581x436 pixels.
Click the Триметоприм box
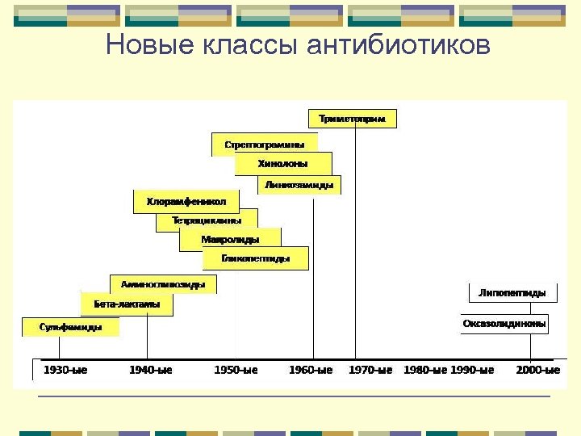pyautogui.click(x=353, y=119)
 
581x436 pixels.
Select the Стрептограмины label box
pyautogui.click(x=265, y=145)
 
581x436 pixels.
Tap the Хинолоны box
pyautogui.click(x=282, y=164)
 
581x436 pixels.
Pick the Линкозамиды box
pyautogui.click(x=299, y=185)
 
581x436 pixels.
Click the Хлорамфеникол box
pyautogui.click(x=186, y=201)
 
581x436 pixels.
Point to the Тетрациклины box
pyautogui.click(x=207, y=220)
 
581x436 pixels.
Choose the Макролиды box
pyautogui.click(x=230, y=239)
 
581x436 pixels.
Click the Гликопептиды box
pyautogui.click(x=255, y=258)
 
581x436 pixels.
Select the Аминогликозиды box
pyautogui.click(x=163, y=284)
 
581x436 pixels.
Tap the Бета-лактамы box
pyautogui.click(x=127, y=304)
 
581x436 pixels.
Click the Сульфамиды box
pyautogui.click(x=71, y=327)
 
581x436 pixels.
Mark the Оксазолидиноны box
pyautogui.click(x=504, y=324)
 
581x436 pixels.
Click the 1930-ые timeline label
pyautogui.click(x=65, y=370)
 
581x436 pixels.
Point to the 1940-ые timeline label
pyautogui.click(x=151, y=370)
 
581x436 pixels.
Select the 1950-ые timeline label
pyautogui.click(x=236, y=370)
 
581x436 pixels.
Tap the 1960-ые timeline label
pyautogui.click(x=311, y=370)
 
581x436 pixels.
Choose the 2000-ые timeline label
pyautogui.click(x=538, y=370)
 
